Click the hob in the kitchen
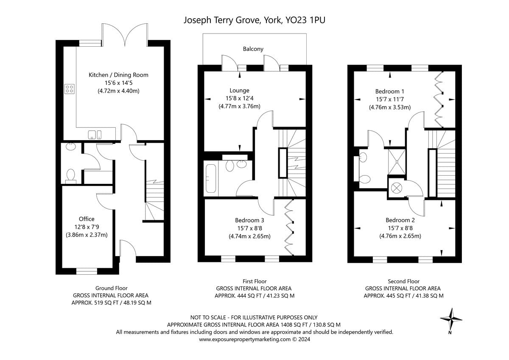69,89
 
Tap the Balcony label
253,49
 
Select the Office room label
87,219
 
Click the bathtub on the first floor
211,179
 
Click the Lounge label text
240,90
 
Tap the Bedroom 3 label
249,220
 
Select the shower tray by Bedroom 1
397,162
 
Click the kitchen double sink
95,135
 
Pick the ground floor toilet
71,176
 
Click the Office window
87,271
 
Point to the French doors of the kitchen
125,35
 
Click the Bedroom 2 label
400,220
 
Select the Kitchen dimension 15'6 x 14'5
118,83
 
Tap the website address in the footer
245,339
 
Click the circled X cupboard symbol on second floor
397,188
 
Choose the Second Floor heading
403,281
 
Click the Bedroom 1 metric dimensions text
390,107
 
